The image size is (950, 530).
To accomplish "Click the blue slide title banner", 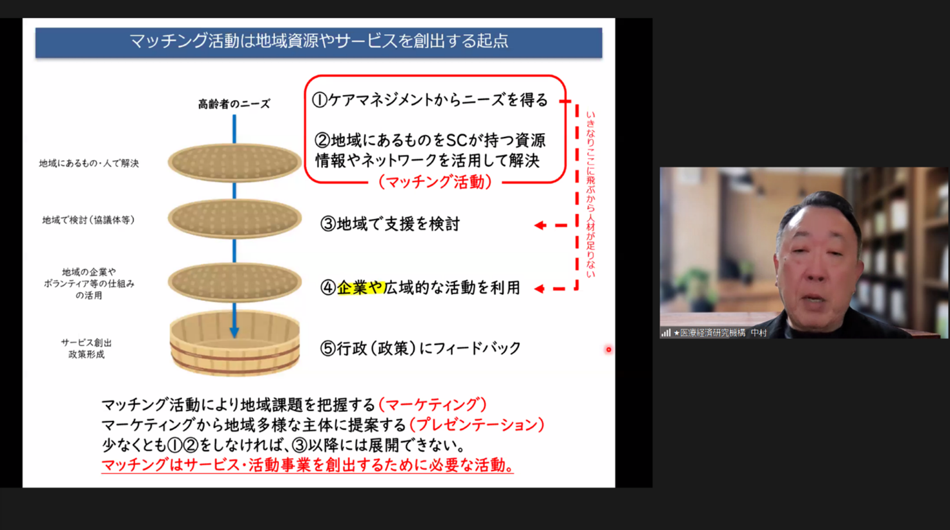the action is (x=318, y=43).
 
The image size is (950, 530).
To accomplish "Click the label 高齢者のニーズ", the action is (x=234, y=104).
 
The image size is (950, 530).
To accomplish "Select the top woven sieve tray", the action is (x=234, y=163).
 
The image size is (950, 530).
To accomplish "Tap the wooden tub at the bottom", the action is (x=234, y=343).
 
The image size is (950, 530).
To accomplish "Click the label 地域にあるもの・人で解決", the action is (x=89, y=163).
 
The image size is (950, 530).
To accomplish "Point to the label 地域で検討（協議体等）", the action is (x=88, y=219).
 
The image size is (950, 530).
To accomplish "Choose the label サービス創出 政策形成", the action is (x=87, y=348).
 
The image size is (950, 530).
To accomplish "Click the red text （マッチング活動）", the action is (x=435, y=182).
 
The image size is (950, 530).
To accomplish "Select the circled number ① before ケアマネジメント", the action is (x=320, y=100).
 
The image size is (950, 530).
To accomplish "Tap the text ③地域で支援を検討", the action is (x=390, y=224).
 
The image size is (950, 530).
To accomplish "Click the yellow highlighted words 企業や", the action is (x=360, y=287).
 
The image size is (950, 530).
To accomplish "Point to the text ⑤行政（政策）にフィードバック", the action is (x=420, y=348).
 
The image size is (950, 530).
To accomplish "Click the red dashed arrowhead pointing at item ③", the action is (x=540, y=225).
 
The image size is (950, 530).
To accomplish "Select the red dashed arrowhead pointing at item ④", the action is (x=539, y=289).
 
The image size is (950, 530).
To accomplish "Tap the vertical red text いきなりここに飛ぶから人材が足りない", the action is (x=590, y=194).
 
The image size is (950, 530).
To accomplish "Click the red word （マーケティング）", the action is (x=432, y=405).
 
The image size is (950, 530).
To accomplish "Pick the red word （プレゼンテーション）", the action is (x=477, y=424).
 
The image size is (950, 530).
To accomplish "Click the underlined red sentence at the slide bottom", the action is (x=307, y=465).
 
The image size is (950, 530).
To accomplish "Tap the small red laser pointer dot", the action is (x=608, y=349).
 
